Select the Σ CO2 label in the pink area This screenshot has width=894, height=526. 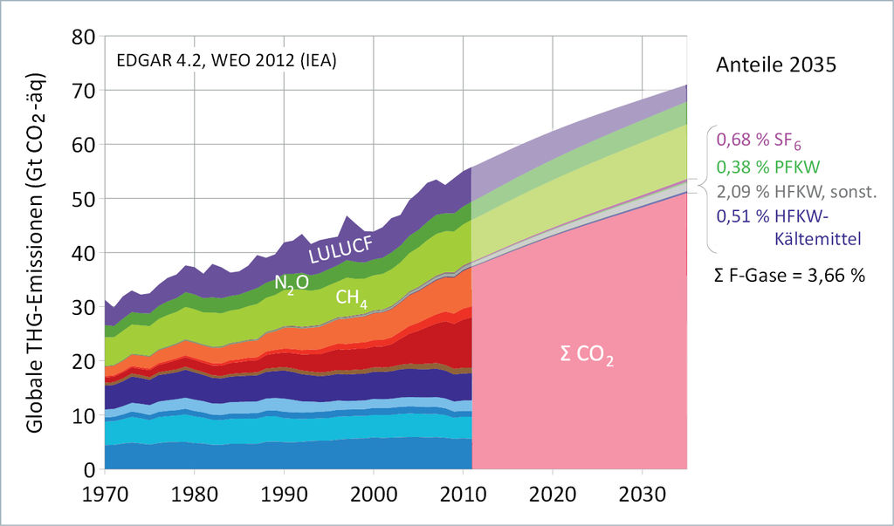(x=587, y=357)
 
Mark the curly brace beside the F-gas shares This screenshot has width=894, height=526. (x=705, y=187)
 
